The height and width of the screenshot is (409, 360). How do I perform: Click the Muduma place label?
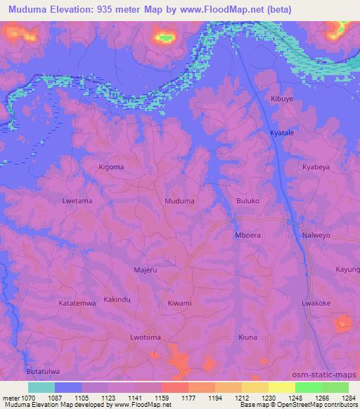point(179,200)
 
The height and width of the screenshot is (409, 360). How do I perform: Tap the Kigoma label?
point(111,167)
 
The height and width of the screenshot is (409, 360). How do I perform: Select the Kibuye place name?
point(283,99)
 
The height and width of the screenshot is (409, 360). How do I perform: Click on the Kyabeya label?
point(316,167)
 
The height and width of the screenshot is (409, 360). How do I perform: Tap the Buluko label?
point(248,200)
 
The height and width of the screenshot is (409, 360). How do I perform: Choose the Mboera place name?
point(248,235)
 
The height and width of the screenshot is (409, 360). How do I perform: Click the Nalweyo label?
point(316,235)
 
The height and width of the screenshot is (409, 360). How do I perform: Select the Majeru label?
point(146,269)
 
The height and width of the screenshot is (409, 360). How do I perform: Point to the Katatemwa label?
point(77,303)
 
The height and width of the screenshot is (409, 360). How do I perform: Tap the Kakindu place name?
point(117,299)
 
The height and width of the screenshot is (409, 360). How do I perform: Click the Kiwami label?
point(180,303)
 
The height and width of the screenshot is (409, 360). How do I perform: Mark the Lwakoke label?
point(316,303)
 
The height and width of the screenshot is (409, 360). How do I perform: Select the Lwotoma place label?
point(146,337)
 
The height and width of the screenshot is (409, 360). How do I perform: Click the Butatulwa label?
point(43,370)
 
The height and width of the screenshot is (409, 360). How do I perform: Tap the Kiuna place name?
point(248,337)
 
